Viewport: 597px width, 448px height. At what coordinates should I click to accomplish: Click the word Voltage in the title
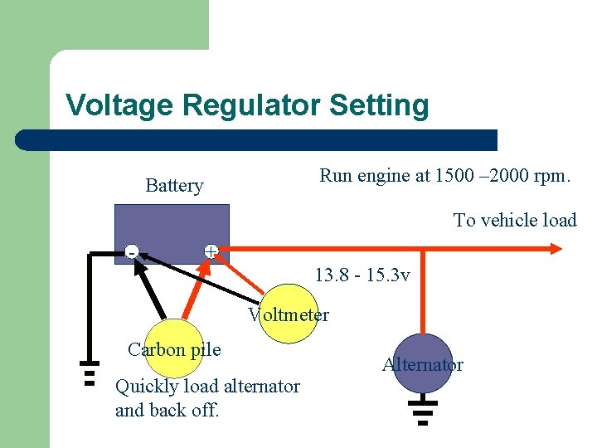(x=121, y=105)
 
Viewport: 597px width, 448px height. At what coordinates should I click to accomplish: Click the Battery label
(x=174, y=185)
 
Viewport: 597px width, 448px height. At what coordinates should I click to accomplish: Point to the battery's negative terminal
(x=131, y=251)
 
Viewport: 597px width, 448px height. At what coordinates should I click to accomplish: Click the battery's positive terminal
(x=211, y=251)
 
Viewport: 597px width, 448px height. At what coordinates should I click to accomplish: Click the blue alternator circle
(x=423, y=363)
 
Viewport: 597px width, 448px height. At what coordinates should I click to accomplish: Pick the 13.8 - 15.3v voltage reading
(x=362, y=275)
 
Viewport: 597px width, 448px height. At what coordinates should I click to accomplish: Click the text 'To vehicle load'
(x=514, y=220)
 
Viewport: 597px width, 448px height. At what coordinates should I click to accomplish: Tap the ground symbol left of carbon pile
(x=89, y=373)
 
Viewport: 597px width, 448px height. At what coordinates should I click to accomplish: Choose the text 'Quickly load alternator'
(x=207, y=386)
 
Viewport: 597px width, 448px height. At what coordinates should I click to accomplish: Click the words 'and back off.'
(x=167, y=410)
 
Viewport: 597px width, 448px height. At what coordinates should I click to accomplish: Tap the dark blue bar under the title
(x=257, y=139)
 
